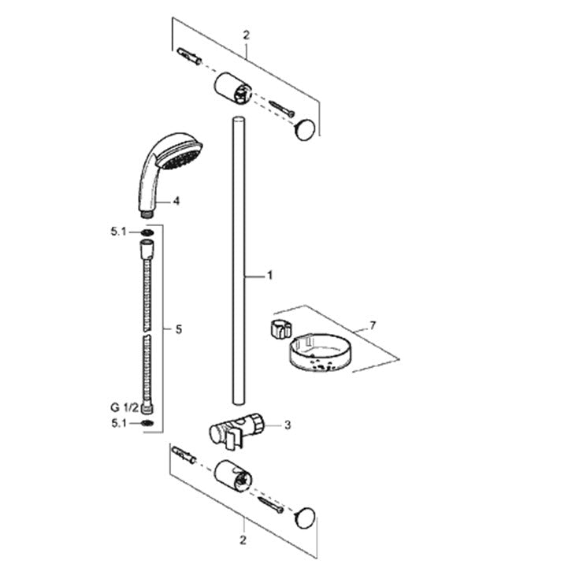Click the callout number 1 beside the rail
click(270, 276)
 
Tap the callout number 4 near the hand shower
click(176, 201)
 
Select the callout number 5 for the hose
click(179, 329)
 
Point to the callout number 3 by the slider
click(288, 425)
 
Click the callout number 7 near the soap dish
click(373, 325)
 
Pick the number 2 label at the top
click(247, 35)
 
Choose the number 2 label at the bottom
click(243, 540)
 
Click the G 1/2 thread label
click(124, 408)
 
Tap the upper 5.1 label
click(118, 232)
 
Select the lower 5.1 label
click(119, 423)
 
